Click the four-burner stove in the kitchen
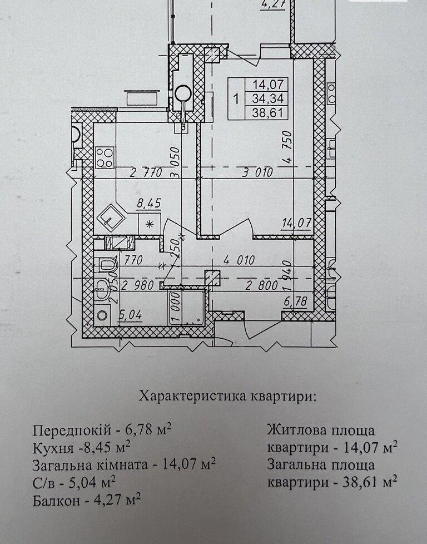[104, 156]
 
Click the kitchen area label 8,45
[149, 204]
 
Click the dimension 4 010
[239, 260]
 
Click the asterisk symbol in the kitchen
[148, 224]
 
